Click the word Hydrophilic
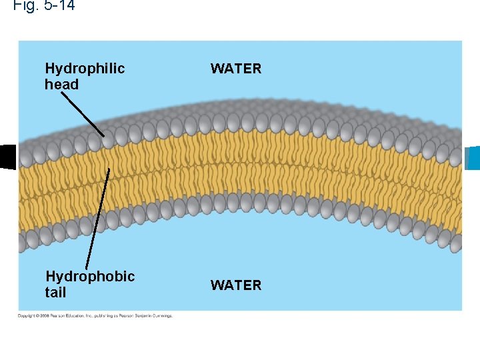(x=85, y=69)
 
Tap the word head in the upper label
(x=61, y=85)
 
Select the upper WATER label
(x=236, y=69)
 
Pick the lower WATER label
(x=236, y=285)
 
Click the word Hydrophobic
(x=90, y=277)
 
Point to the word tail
(x=55, y=293)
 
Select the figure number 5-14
(x=59, y=5)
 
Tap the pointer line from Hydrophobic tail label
(x=97, y=220)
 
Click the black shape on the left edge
(x=7, y=157)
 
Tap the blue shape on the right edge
(x=473, y=158)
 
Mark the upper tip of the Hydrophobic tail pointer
(x=109, y=169)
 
